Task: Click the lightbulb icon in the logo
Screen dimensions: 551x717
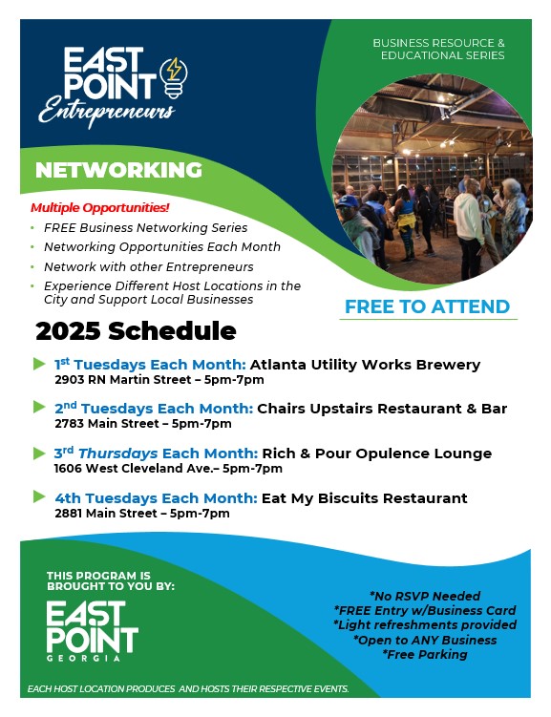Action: click(173, 77)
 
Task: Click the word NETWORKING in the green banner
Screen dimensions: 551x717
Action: click(118, 170)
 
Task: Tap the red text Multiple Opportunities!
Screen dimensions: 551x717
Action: click(100, 207)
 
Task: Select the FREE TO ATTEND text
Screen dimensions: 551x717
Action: click(427, 306)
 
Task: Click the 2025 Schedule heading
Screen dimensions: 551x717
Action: click(136, 330)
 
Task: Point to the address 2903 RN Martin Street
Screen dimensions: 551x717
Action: click(123, 380)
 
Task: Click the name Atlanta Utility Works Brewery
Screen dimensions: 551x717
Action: click(365, 365)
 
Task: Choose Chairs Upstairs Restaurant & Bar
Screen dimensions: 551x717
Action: click(382, 409)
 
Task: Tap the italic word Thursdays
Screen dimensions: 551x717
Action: click(118, 453)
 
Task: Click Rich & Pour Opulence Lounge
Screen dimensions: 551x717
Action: click(377, 453)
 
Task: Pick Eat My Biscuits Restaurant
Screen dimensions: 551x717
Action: click(365, 498)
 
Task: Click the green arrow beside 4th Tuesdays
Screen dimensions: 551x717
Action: click(40, 496)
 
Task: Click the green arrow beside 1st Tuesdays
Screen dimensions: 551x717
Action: click(40, 364)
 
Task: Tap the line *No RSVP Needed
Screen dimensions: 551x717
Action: click(425, 596)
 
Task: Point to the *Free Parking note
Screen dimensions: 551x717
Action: click(425, 654)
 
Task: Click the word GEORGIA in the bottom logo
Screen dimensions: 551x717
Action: click(83, 658)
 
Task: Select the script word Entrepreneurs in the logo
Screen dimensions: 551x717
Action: click(107, 111)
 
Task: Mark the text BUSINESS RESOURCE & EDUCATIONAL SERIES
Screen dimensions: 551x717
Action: click(439, 49)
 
